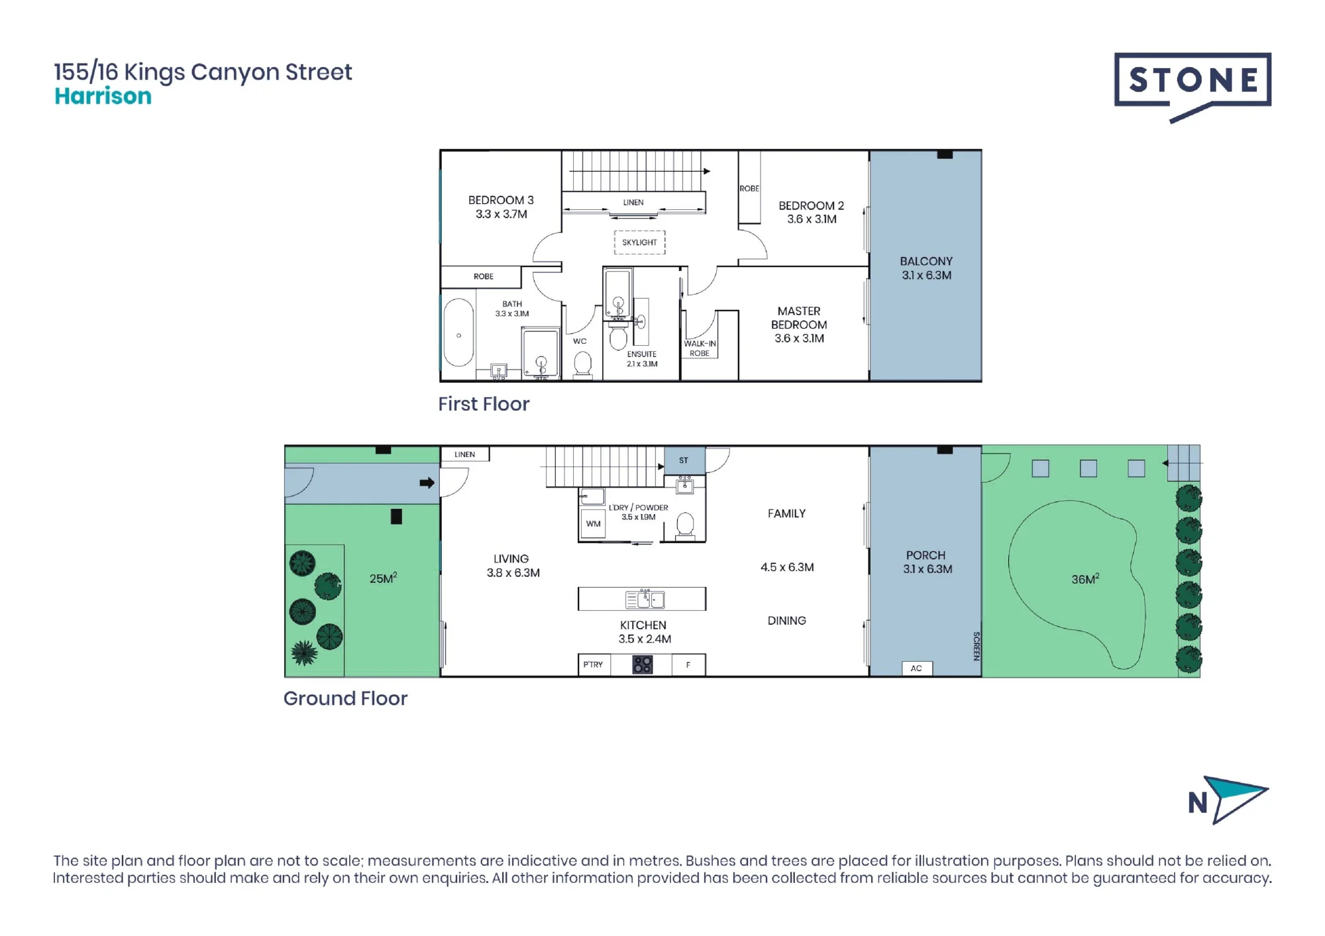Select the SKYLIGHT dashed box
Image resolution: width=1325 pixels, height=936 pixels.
coord(639,242)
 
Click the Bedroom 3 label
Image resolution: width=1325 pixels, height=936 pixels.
coord(501,207)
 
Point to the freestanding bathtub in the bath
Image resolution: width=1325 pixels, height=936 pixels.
coord(458,333)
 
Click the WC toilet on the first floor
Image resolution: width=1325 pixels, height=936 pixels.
coord(582,364)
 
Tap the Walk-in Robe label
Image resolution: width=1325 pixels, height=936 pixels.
coord(700,348)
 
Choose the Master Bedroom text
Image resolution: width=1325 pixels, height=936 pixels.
coord(799,325)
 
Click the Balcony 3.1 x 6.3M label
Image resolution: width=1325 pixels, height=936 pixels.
coord(926,268)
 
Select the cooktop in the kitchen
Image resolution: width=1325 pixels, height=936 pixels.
coord(643,664)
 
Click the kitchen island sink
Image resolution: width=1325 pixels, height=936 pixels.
coord(645,599)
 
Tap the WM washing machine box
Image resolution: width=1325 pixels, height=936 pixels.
coord(593,524)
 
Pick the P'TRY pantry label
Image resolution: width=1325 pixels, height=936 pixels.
coord(593,664)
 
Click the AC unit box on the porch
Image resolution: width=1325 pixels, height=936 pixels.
coord(917,668)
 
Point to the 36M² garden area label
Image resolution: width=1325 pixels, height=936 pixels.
coord(1085,579)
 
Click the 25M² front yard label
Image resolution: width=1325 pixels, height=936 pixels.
coord(383,578)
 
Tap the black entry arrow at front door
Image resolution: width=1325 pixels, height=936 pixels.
coord(427,483)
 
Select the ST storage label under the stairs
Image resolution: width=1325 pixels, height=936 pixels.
coord(684,460)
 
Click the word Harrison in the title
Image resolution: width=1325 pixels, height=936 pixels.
coord(103,96)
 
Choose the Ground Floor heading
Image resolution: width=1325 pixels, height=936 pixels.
coord(345,698)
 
